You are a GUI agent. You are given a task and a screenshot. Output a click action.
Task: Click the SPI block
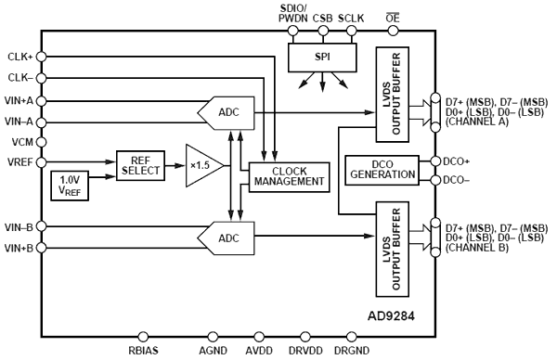point(322,58)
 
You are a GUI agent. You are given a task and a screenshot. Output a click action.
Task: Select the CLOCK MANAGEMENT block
point(290,175)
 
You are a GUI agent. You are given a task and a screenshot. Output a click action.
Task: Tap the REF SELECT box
point(139,164)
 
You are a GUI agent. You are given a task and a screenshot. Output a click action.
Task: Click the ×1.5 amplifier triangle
point(201,165)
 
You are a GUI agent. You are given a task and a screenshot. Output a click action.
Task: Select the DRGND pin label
point(351,351)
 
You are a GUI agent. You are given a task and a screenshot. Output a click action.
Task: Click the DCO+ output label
point(458,161)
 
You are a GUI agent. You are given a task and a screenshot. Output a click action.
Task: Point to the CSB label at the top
point(322,16)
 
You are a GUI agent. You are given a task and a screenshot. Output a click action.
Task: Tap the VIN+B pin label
point(20,248)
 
